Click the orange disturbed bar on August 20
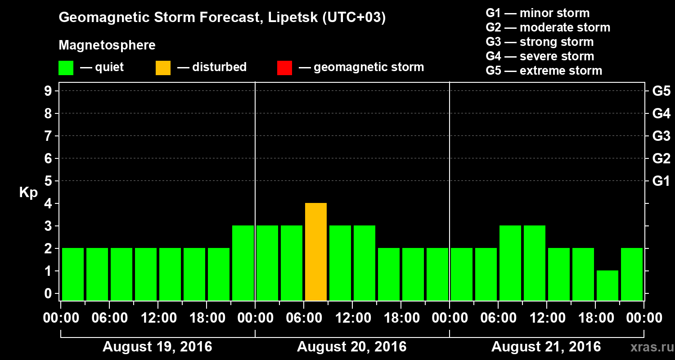click(x=316, y=252)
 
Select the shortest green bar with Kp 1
click(x=607, y=285)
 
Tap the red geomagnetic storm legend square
click(x=284, y=68)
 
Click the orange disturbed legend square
click(x=163, y=68)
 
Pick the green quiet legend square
click(x=66, y=68)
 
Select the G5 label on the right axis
click(x=661, y=91)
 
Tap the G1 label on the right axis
click(x=661, y=181)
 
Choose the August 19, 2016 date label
click(x=157, y=347)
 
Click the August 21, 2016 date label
click(x=546, y=347)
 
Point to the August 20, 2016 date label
click(x=351, y=347)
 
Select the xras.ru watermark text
click(x=648, y=347)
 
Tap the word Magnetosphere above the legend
click(x=107, y=45)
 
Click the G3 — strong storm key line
click(x=540, y=42)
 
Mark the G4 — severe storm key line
click(x=540, y=56)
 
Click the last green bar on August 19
click(x=243, y=263)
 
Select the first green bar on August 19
click(x=73, y=274)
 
